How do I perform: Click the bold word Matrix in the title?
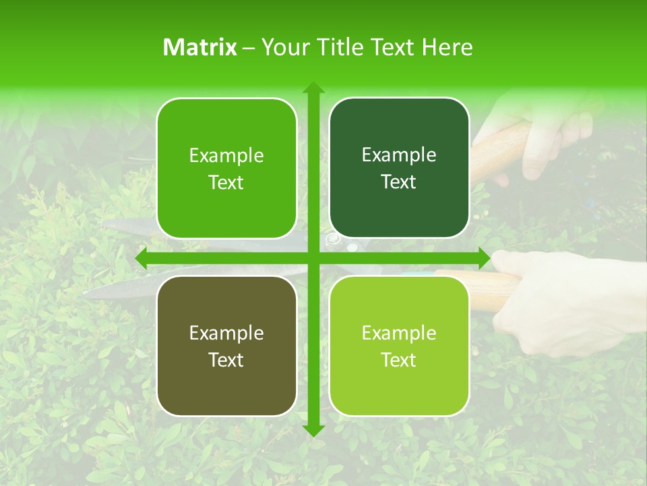(x=200, y=47)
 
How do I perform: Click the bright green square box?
(x=226, y=168)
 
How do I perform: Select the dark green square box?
(x=399, y=168)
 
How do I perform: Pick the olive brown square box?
(x=226, y=346)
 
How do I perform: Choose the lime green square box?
(x=399, y=346)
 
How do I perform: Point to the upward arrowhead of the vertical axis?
(x=313, y=88)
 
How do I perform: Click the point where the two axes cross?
(x=313, y=258)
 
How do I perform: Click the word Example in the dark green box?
(x=399, y=155)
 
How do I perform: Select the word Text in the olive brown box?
(x=226, y=360)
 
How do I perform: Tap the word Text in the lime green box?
(x=399, y=360)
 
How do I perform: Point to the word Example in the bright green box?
(x=226, y=155)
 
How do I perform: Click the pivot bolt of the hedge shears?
(x=331, y=239)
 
